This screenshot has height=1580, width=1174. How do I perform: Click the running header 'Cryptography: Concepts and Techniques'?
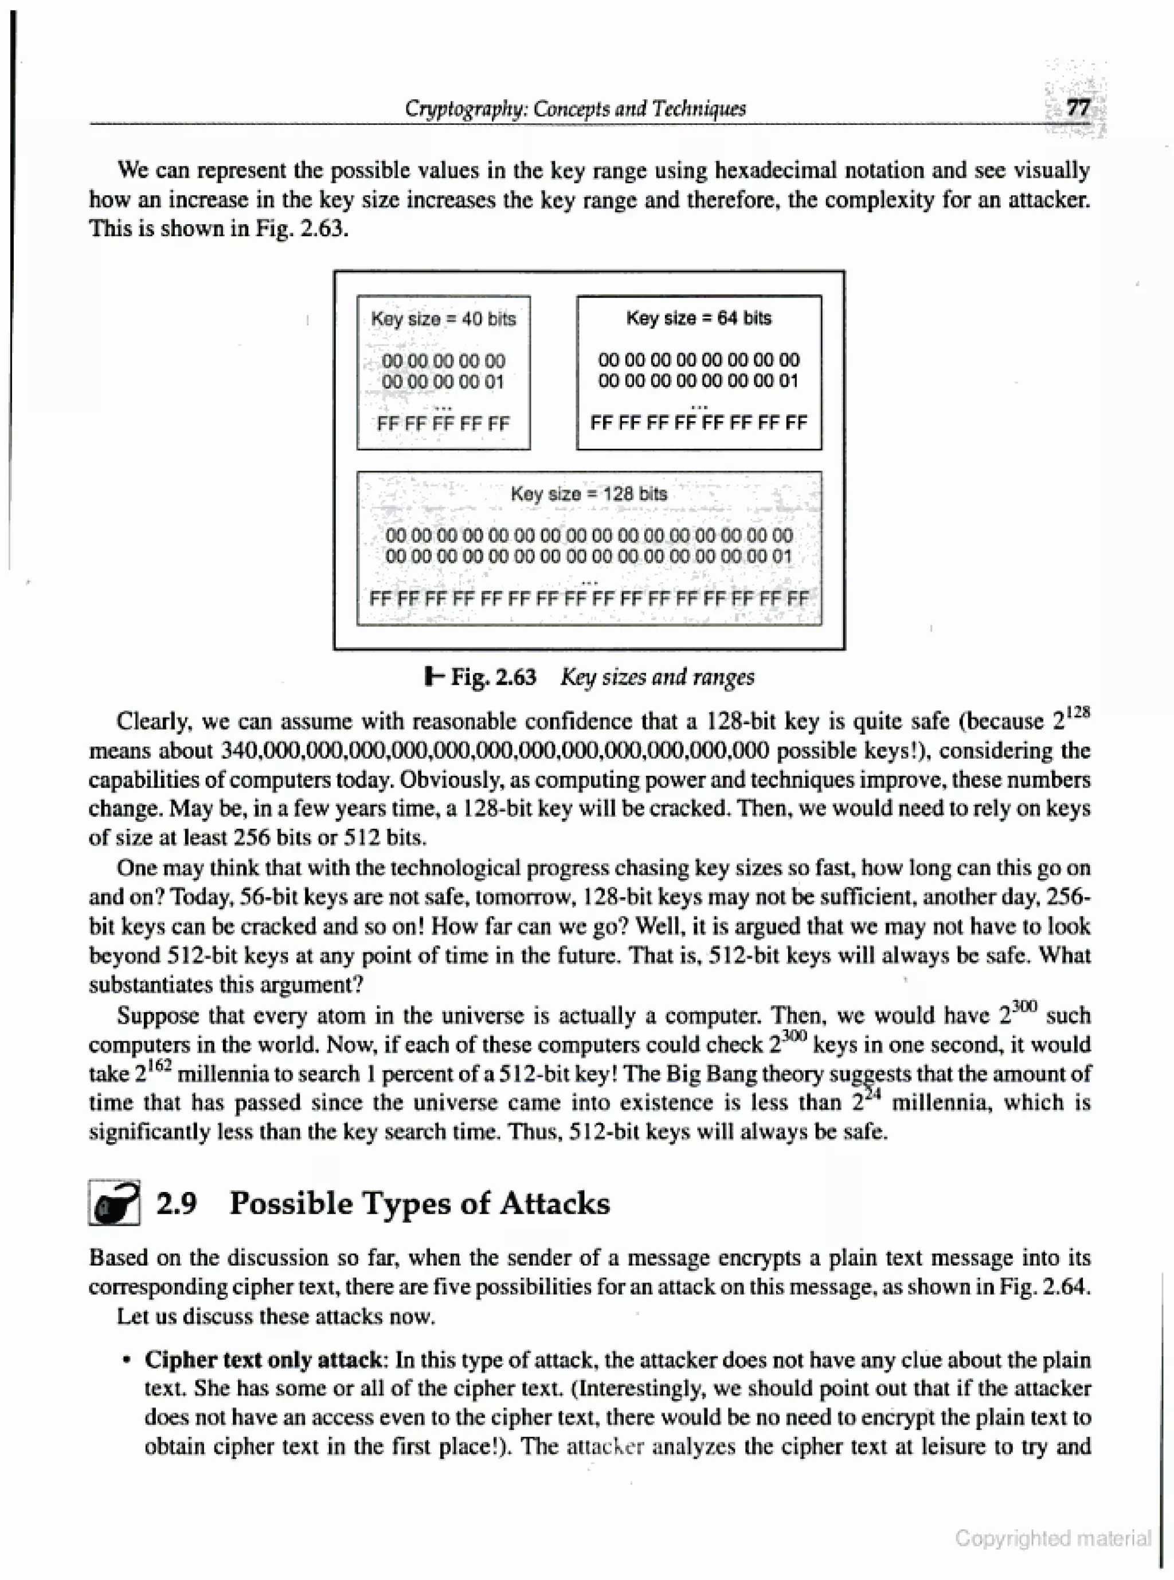575,109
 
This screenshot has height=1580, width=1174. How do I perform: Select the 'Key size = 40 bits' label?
444,319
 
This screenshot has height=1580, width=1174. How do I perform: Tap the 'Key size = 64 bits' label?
699,317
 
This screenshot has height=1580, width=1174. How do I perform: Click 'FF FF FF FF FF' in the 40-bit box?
444,424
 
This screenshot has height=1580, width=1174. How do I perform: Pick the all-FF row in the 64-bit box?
699,424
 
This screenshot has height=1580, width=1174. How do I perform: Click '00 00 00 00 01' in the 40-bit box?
444,382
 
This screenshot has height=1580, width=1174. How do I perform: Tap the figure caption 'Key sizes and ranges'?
658,677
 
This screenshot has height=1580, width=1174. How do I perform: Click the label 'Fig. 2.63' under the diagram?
493,677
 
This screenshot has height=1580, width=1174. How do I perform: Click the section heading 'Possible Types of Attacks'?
419,1203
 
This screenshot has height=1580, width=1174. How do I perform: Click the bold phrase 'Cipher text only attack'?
264,1360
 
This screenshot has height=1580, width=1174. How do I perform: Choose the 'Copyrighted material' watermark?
1052,1538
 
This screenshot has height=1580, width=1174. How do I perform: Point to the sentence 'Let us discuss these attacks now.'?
276,1316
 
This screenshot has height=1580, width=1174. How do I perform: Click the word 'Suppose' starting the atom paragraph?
158,1016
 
